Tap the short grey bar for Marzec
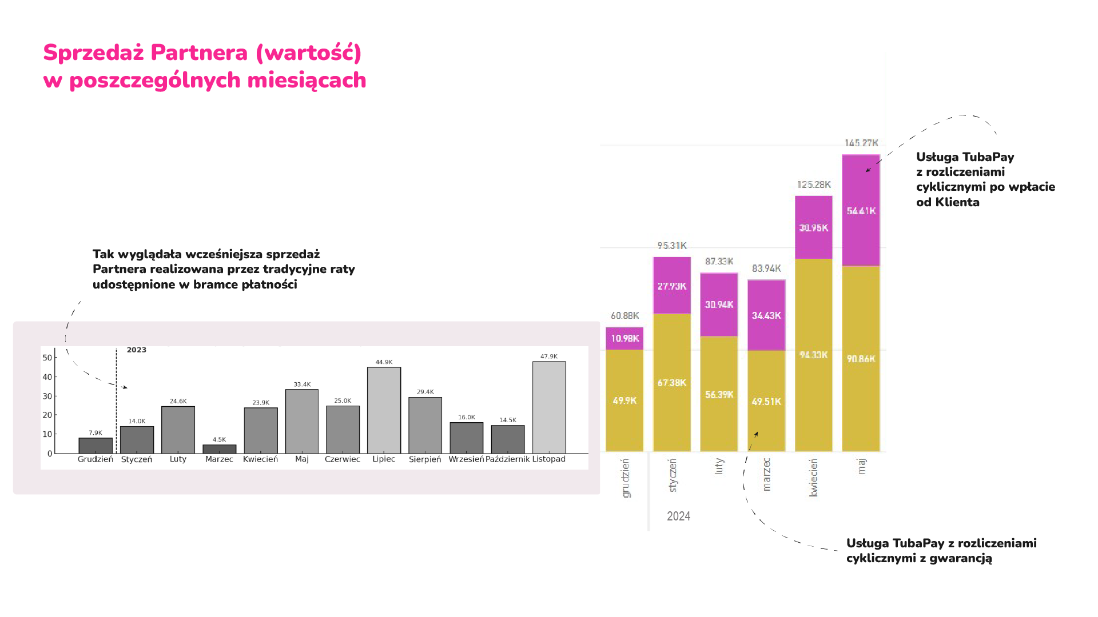coord(219,449)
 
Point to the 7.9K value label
coord(96,433)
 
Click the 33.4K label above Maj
coord(302,384)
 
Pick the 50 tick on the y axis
coord(47,358)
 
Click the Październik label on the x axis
coord(507,459)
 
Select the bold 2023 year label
coord(137,350)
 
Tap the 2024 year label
coord(678,516)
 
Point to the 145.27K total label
coord(861,143)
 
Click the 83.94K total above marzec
coord(766,269)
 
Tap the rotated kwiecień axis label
coord(814,478)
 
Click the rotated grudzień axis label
coord(625,478)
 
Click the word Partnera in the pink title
coord(199,53)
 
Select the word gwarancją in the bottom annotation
coord(961,559)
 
